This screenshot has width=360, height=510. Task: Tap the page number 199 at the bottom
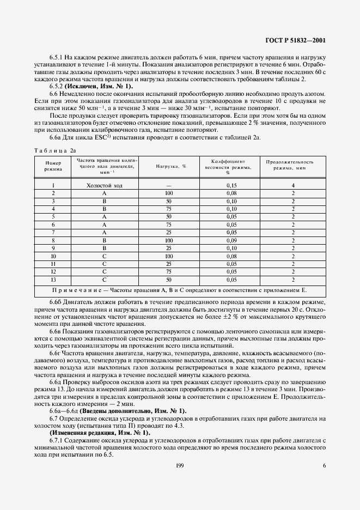click(179, 465)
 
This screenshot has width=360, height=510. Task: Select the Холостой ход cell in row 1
click(105, 186)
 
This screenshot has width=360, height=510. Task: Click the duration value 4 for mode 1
click(293, 186)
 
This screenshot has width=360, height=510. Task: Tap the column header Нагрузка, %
click(171, 166)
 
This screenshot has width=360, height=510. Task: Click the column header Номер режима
click(53, 166)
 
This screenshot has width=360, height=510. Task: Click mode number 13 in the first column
click(53, 280)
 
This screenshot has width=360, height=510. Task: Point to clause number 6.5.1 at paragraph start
click(57, 58)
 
